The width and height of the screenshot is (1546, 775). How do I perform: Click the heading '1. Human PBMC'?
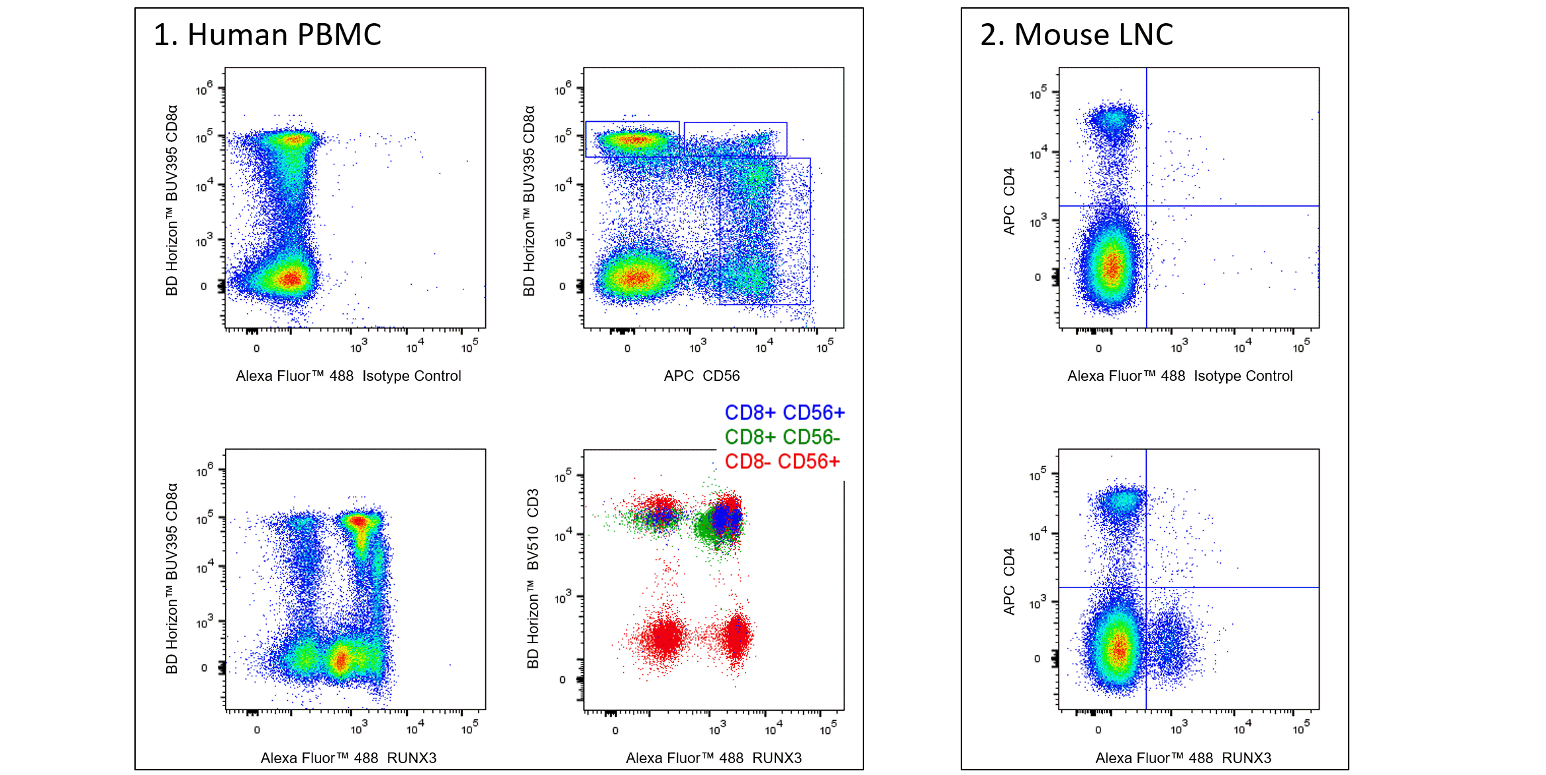tap(267, 34)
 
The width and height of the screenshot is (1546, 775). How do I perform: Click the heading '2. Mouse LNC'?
tap(1076, 34)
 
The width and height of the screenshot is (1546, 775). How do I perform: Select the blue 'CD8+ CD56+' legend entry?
tap(784, 413)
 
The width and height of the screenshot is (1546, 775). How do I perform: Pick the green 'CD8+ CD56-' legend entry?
tap(781, 437)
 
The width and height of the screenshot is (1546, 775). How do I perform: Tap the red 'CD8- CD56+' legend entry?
tap(781, 462)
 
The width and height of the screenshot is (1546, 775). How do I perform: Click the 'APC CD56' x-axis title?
tap(701, 376)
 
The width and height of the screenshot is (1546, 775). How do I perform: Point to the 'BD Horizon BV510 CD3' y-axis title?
tap(533, 578)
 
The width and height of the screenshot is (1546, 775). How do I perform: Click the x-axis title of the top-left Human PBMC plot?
tap(348, 376)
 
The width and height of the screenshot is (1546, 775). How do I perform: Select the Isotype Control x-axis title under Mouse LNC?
tap(1179, 376)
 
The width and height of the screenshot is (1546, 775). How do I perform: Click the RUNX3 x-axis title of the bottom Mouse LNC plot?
tap(1183, 758)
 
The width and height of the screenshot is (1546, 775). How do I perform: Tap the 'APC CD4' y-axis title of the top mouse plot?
tap(1009, 201)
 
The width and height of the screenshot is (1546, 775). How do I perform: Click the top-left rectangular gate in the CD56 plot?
tap(632, 139)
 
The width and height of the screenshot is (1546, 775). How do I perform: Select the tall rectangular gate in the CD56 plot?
tap(765, 231)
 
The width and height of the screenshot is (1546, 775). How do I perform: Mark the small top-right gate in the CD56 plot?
tap(735, 138)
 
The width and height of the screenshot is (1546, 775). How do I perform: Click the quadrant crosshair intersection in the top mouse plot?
tap(1147, 206)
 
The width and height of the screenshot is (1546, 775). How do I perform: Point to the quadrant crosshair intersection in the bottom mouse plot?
tap(1146, 588)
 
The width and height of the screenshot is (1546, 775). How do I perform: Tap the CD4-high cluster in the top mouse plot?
tap(1115, 121)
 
